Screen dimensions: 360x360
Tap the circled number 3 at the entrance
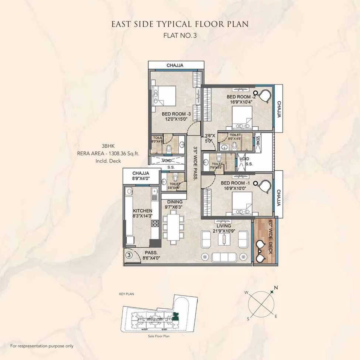(x=129, y=255)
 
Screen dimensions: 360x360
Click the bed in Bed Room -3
(x=165, y=96)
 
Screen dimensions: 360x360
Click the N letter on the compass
(x=275, y=287)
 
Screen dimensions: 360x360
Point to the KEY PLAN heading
(x=126, y=294)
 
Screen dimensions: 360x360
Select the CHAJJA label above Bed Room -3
(x=175, y=65)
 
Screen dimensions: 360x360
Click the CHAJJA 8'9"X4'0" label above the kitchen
(x=141, y=175)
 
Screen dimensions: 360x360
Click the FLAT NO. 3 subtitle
(x=180, y=36)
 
